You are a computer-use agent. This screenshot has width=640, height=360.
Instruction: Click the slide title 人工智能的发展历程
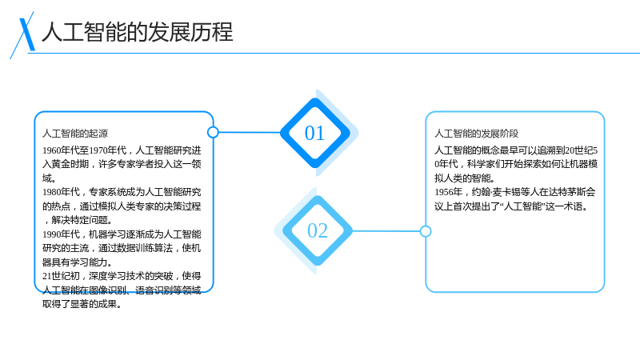point(138,32)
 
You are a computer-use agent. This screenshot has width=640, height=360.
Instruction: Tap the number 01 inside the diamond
point(314,133)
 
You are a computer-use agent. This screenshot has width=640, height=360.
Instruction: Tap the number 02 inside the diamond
point(318,230)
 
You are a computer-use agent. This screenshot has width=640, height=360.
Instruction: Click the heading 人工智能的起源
point(75,134)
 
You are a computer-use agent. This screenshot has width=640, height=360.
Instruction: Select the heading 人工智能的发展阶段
point(476,134)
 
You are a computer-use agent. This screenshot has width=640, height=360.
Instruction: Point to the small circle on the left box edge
point(213,132)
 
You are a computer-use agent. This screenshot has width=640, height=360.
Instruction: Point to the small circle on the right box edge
point(426,231)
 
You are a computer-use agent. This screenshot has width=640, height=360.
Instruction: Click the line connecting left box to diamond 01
point(250,132)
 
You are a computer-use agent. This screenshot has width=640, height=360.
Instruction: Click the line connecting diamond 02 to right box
point(386,231)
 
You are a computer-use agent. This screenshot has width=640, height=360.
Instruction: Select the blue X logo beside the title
point(22,35)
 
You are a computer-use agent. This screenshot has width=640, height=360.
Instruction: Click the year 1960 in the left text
point(51,150)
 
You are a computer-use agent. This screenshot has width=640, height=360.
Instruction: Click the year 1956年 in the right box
point(448,192)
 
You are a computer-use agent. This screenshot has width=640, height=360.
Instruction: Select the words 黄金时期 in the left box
point(70,164)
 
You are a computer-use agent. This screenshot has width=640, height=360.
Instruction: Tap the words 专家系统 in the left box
point(108,192)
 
